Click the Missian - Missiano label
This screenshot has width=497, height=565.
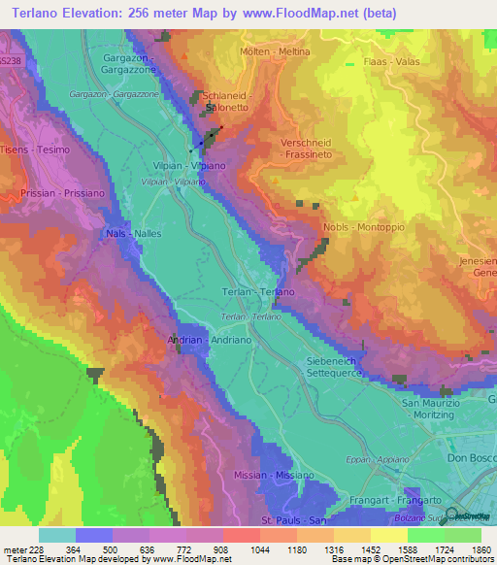coord(274,475)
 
